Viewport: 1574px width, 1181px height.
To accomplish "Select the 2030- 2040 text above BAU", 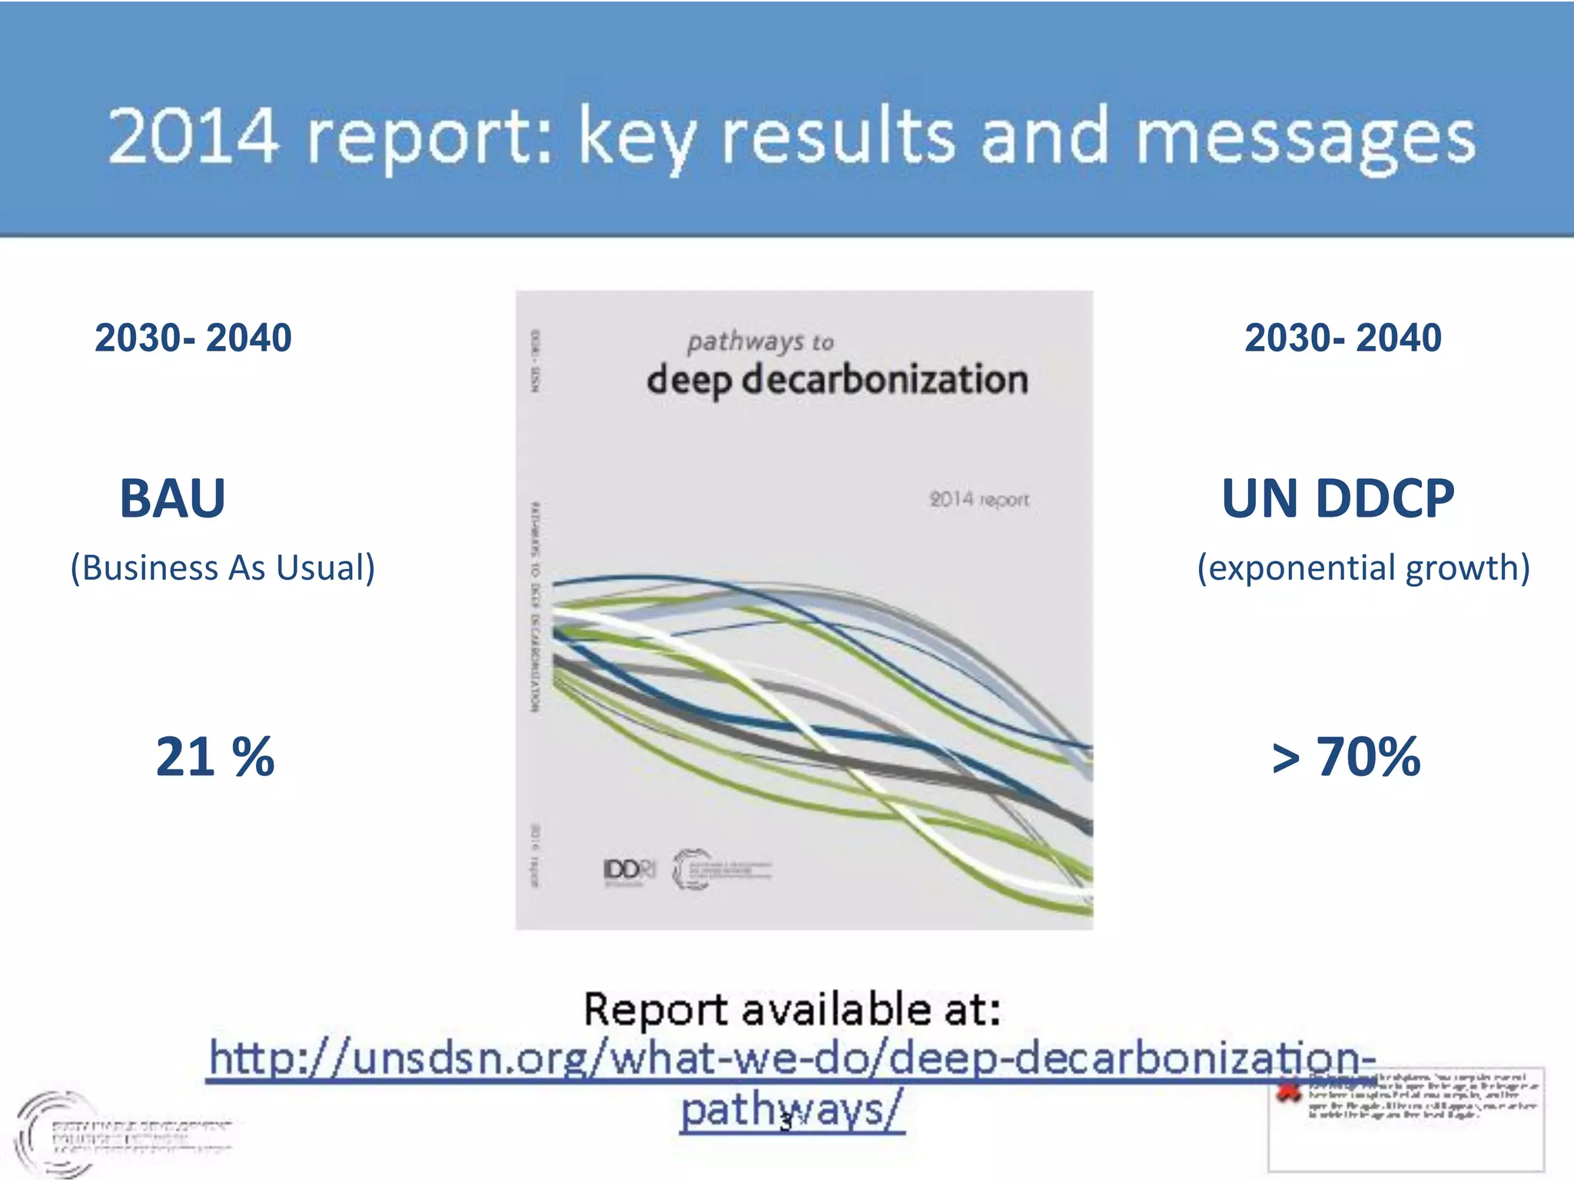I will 193,338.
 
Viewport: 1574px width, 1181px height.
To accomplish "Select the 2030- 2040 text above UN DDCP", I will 1343,338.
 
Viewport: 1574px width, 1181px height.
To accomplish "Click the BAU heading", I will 173,499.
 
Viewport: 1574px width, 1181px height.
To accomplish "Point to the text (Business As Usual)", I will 222,568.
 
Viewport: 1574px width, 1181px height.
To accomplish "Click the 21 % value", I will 214,757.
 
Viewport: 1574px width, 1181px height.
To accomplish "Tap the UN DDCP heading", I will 1338,499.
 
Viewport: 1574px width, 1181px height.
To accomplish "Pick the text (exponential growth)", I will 1363,568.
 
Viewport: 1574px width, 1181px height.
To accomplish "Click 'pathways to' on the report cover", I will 760,341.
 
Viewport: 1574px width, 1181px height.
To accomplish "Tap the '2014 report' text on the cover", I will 979,500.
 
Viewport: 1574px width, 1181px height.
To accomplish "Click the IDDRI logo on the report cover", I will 629,870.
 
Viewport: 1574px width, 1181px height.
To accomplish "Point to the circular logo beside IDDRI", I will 692,870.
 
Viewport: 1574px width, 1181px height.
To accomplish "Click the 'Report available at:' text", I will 792,1010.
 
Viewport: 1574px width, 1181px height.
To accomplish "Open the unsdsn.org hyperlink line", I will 792,1058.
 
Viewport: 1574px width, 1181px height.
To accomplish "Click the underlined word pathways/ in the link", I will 792,1110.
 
